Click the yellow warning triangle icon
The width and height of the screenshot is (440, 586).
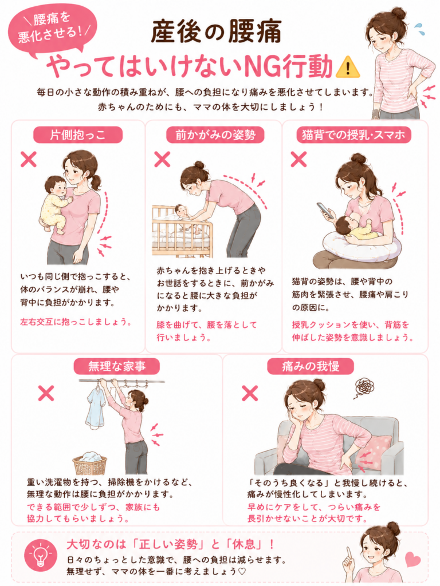click(x=348, y=67)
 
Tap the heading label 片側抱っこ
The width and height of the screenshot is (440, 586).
click(x=78, y=134)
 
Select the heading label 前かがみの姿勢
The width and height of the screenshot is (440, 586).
click(x=215, y=134)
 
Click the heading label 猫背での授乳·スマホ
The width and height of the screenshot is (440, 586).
click(x=353, y=134)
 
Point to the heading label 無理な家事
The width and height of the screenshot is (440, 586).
click(x=117, y=366)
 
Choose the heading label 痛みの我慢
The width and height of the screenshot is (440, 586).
click(x=310, y=366)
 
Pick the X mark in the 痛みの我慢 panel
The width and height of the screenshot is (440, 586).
click(x=250, y=393)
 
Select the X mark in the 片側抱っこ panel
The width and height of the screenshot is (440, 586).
click(x=29, y=159)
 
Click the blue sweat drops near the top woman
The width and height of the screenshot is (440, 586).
click(x=420, y=29)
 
